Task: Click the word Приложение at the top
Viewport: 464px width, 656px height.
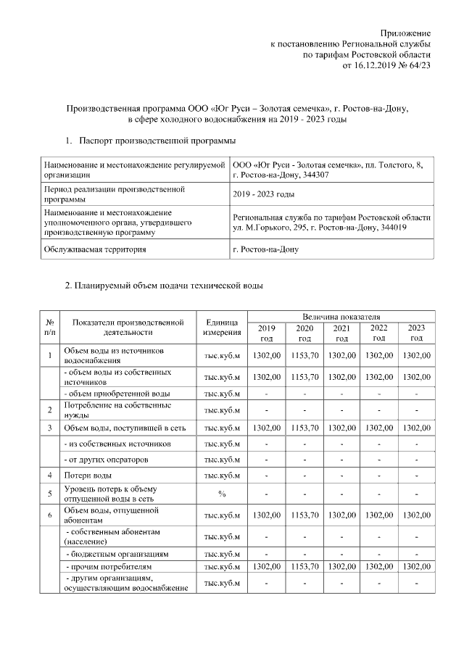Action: point(406,33)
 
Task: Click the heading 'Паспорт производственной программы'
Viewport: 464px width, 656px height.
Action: point(157,138)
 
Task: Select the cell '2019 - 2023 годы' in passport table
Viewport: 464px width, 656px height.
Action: point(264,194)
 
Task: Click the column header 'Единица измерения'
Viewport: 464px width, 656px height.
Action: point(223,328)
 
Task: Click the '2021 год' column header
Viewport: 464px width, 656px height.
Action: point(341,333)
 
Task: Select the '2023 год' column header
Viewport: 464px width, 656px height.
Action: point(416,333)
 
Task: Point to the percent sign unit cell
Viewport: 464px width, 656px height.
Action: point(223,494)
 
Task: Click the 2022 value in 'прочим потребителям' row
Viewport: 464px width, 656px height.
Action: point(378,565)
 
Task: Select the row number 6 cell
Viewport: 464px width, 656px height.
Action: point(49,515)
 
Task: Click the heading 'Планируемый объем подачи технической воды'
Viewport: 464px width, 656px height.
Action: point(164,286)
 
